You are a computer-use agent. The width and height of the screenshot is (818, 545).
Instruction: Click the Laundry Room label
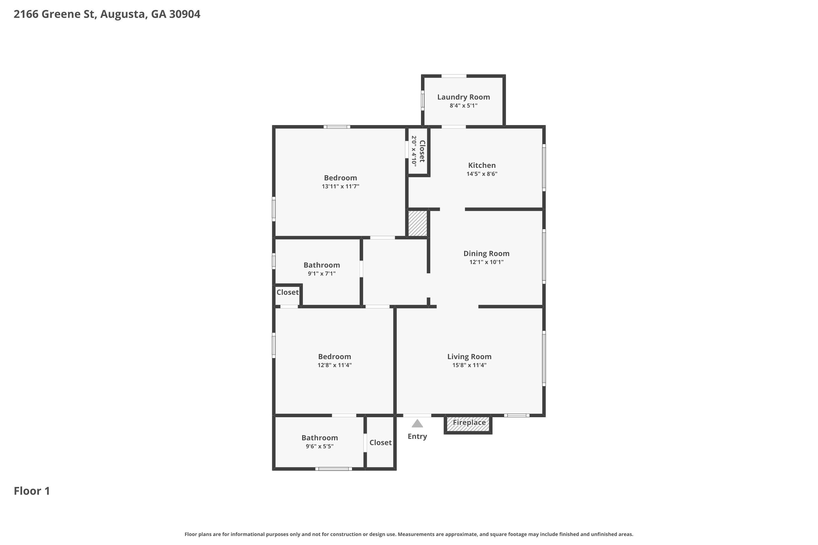(x=463, y=97)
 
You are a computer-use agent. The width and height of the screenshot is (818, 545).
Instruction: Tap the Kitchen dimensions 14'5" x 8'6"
(x=482, y=174)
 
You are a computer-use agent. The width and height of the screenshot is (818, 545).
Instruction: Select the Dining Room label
(x=486, y=254)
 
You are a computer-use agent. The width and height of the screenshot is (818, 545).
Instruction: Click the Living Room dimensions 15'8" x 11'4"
(x=469, y=365)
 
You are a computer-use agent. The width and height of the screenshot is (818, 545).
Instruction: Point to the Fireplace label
(x=469, y=422)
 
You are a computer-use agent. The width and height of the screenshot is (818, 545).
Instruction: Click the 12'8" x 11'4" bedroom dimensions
(x=334, y=365)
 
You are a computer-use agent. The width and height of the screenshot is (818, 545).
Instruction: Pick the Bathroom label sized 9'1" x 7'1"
(x=321, y=265)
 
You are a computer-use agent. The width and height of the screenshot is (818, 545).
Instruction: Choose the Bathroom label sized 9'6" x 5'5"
(x=319, y=438)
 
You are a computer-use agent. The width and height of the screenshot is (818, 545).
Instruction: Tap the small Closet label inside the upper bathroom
(x=287, y=292)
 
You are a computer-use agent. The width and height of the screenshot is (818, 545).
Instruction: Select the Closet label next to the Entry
(x=380, y=443)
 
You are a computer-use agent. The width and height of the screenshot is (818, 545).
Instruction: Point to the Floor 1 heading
(x=32, y=491)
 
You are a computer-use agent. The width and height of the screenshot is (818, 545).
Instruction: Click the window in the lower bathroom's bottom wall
(x=333, y=469)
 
